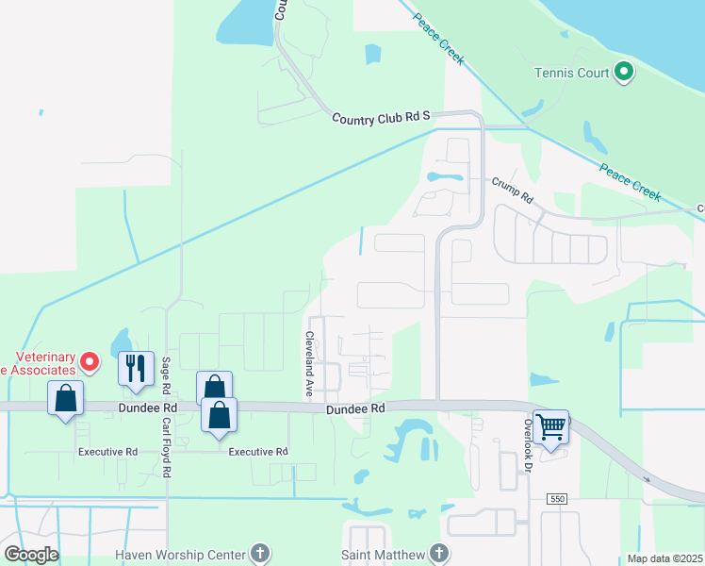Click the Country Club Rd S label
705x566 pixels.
[381, 116]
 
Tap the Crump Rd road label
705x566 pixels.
[513, 191]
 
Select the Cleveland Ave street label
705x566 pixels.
[308, 362]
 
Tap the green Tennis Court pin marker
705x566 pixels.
[623, 72]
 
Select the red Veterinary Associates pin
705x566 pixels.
[90, 361]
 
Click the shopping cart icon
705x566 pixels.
[550, 425]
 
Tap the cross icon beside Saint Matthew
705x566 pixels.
[438, 554]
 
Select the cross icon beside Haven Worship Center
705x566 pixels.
[261, 554]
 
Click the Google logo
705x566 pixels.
[31, 555]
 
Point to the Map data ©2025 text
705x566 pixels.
[664, 558]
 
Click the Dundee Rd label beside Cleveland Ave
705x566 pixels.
[356, 409]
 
